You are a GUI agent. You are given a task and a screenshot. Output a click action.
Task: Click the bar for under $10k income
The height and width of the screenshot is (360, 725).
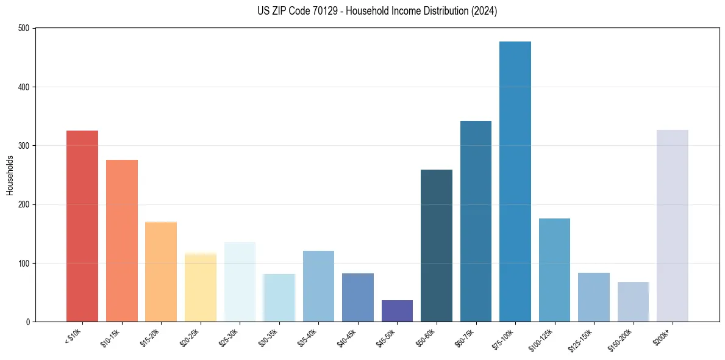pyautogui.click(x=82, y=226)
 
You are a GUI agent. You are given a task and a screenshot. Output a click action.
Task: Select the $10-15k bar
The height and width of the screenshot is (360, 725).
pyautogui.click(x=121, y=240)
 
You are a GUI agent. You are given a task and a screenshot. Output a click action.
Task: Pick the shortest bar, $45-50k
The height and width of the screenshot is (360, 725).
pyautogui.click(x=397, y=311)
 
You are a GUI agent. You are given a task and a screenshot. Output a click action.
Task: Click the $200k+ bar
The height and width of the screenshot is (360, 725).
pyautogui.click(x=672, y=225)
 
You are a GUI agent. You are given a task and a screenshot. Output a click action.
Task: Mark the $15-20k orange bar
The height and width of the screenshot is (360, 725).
pyautogui.click(x=161, y=272)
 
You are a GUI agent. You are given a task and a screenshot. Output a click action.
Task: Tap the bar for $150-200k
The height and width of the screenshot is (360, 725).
pyautogui.click(x=633, y=301)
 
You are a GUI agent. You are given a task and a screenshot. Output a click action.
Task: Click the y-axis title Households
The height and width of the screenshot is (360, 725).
pyautogui.click(x=10, y=175)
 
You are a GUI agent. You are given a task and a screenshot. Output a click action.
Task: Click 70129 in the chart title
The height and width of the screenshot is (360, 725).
pyautogui.click(x=310, y=11)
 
